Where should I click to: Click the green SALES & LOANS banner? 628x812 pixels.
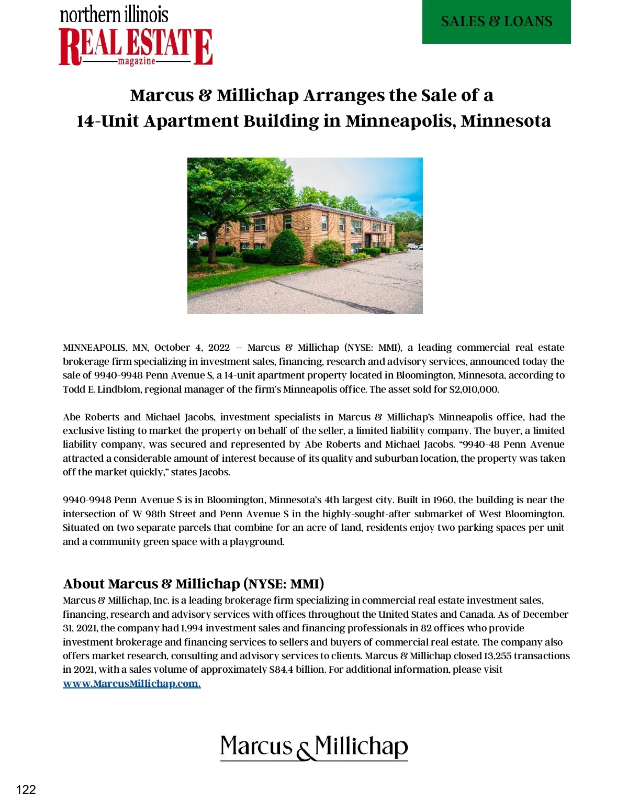pyautogui.click(x=496, y=21)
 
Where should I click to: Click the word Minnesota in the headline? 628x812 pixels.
pyautogui.click(x=506, y=121)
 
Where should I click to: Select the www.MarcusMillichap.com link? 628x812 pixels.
pyautogui.click(x=131, y=684)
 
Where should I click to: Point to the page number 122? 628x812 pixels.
pyautogui.click(x=26, y=789)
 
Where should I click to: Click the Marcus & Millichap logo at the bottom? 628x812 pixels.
pyautogui.click(x=313, y=748)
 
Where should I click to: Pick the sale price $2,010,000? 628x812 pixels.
pyautogui.click(x=474, y=390)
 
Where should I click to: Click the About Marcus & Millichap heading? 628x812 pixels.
pyautogui.click(x=193, y=584)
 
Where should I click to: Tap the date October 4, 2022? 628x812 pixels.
pyautogui.click(x=192, y=348)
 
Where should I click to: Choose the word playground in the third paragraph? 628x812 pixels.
pyautogui.click(x=256, y=542)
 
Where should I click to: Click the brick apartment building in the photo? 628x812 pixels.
pyautogui.click(x=314, y=230)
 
